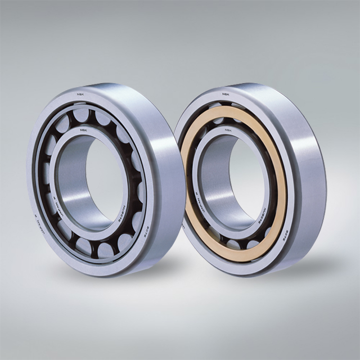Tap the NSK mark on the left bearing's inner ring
83,129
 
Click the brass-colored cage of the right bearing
280,186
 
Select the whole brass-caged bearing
250,180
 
